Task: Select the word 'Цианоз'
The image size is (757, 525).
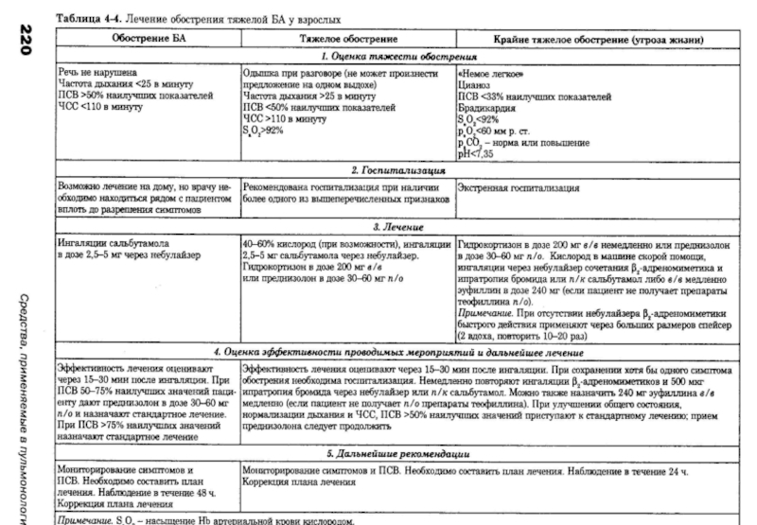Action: pos(472,85)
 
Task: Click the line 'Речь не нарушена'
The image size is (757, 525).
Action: pos(96,73)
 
